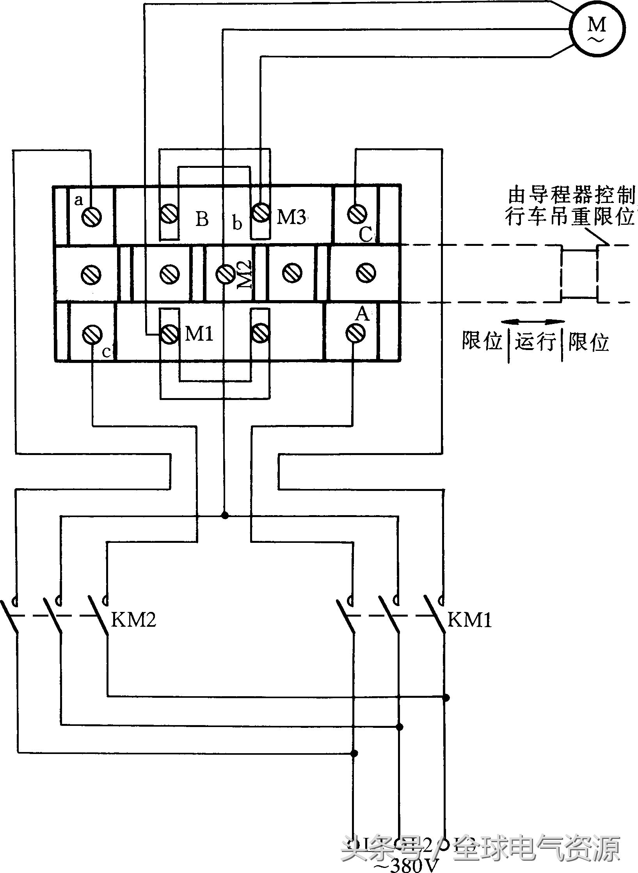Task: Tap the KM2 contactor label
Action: click(x=133, y=619)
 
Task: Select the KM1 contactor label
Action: click(x=469, y=619)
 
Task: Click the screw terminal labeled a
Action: click(x=92, y=216)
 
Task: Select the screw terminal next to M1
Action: click(x=169, y=334)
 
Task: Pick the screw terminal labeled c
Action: click(x=92, y=334)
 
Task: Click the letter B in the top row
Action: click(x=202, y=219)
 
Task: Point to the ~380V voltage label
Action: click(x=406, y=864)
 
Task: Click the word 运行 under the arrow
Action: click(x=535, y=342)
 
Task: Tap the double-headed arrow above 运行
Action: click(x=533, y=322)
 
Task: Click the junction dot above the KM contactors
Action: click(x=224, y=516)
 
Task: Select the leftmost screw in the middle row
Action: click(x=91, y=274)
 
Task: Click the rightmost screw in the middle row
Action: click(x=366, y=272)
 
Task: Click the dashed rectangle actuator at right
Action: click(x=580, y=273)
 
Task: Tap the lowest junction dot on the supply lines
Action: click(x=354, y=753)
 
